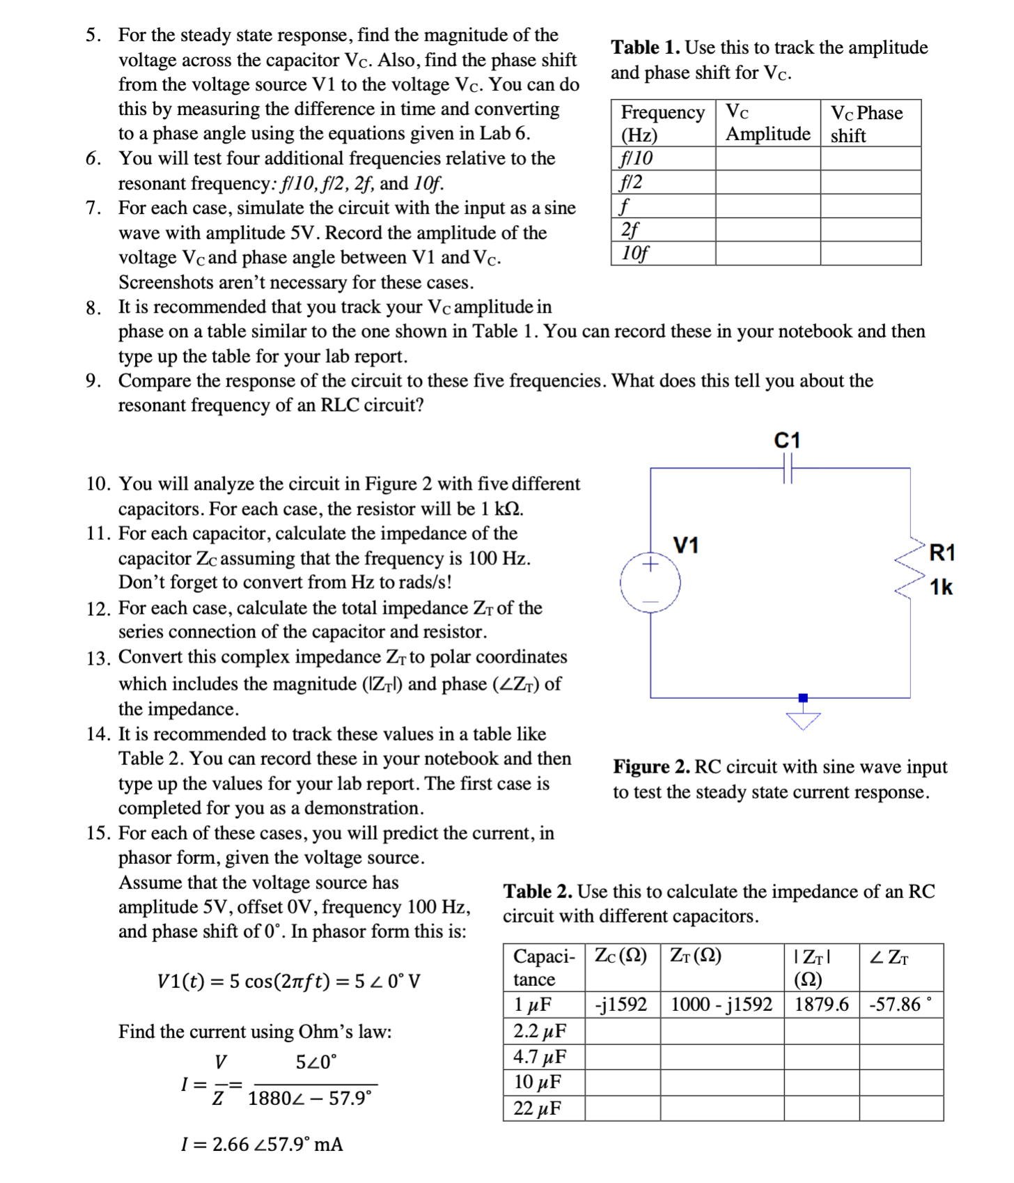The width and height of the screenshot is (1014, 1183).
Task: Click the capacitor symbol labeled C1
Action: pyautogui.click(x=788, y=468)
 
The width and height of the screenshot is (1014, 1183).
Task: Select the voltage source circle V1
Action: pyautogui.click(x=650, y=582)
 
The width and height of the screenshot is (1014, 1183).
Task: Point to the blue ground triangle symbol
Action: pyautogui.click(x=803, y=720)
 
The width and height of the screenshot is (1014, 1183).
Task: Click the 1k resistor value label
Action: pyautogui.click(x=941, y=587)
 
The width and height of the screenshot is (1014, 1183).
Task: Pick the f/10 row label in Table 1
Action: pyautogui.click(x=637, y=158)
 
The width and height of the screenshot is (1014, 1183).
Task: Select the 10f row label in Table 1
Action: pyautogui.click(x=634, y=253)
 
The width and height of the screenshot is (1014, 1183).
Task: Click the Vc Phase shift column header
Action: pyautogui.click(x=867, y=123)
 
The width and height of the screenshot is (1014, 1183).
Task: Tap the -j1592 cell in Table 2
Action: pyautogui.click(x=621, y=1004)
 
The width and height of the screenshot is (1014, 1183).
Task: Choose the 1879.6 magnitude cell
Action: pyautogui.click(x=821, y=1004)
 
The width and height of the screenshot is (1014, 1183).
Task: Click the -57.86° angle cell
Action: pyautogui.click(x=900, y=1004)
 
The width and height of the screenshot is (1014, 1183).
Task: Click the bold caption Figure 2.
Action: pyautogui.click(x=651, y=766)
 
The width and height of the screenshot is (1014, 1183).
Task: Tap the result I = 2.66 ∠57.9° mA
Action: pyautogui.click(x=262, y=1144)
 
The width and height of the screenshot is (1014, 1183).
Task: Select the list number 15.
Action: pyautogui.click(x=98, y=833)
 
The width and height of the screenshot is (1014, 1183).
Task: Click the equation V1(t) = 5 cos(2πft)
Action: pyautogui.click(x=288, y=981)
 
